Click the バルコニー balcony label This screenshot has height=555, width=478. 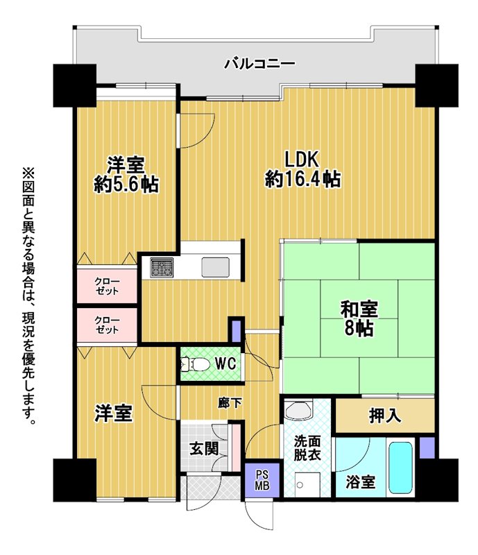(260, 64)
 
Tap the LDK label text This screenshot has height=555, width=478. (302, 160)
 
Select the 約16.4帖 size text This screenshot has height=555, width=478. (302, 179)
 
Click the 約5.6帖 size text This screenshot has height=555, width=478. (126, 184)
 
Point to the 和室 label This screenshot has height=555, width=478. (359, 309)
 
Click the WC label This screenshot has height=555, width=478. (225, 364)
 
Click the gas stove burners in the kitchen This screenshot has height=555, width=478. (162, 267)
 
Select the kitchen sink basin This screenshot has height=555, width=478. (215, 267)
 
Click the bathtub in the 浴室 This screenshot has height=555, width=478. (400, 467)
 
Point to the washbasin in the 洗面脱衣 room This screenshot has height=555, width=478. (298, 409)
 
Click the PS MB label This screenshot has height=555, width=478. (262, 480)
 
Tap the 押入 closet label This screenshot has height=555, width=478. (385, 415)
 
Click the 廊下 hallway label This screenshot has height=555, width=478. (230, 403)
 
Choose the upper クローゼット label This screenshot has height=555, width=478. (107, 287)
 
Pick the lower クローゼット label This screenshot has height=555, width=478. (107, 325)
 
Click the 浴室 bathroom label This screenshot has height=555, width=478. (361, 482)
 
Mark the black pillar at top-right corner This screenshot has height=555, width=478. (436, 85)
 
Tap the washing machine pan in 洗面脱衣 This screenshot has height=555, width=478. (307, 484)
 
